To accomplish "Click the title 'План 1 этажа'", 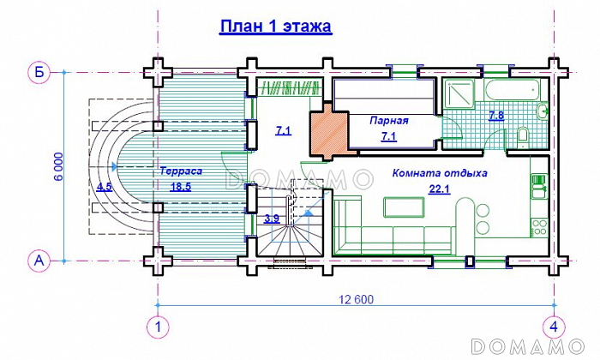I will pos(275,26).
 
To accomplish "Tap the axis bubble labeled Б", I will pos(39,73).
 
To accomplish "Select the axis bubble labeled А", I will pos(39,259).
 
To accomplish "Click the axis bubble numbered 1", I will pos(157,327).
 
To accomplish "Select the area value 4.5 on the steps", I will pos(105,186).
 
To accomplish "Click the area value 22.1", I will pos(439,189).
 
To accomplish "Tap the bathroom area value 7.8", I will pos(496,116).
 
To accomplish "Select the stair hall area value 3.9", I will pos(272,219).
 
